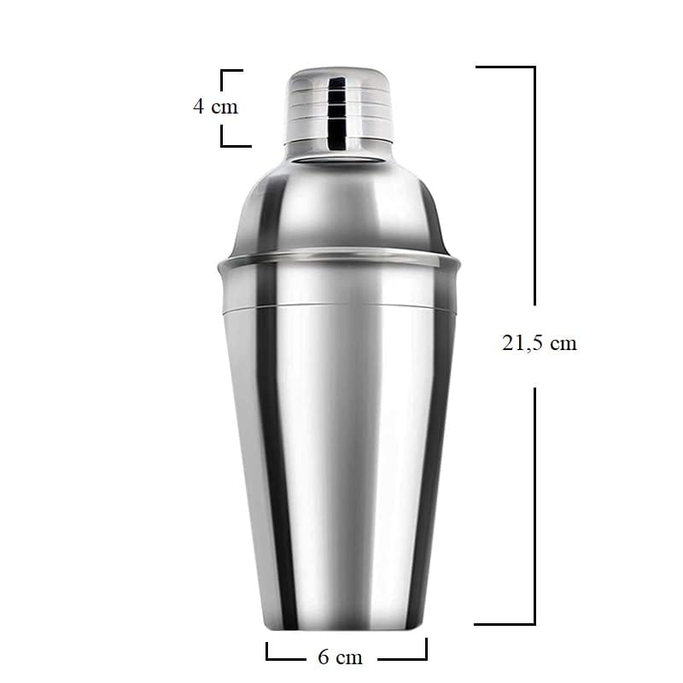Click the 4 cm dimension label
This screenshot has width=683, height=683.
pyautogui.click(x=216, y=107)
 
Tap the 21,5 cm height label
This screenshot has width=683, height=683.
pyautogui.click(x=540, y=343)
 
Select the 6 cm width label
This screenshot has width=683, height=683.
pyautogui.click(x=340, y=657)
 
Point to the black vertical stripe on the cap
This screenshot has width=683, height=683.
pyautogui.click(x=336, y=113)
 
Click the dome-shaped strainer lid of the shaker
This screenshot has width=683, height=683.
pyautogui.click(x=339, y=204)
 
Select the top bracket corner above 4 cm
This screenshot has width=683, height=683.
pyautogui.click(x=222, y=70)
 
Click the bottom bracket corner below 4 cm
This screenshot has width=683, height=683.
pyautogui.click(x=222, y=145)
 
